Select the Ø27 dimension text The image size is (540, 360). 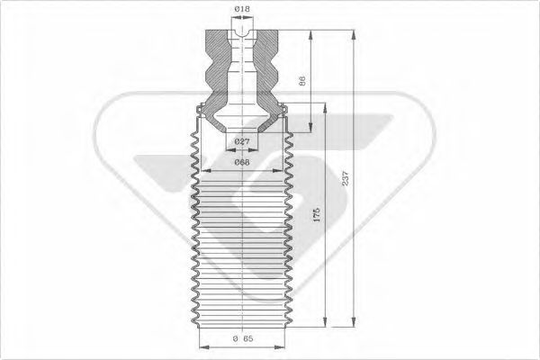coord(241,142)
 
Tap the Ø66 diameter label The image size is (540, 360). coord(241,162)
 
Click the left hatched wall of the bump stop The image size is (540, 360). coord(217,67)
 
